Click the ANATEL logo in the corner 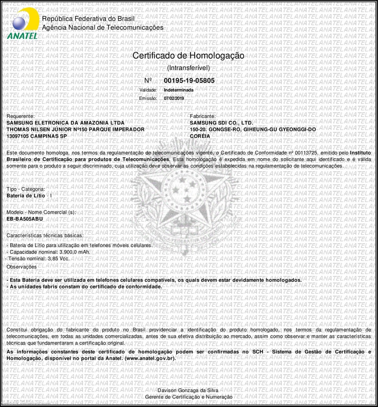[x=23, y=23]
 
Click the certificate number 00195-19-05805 [x=189, y=80]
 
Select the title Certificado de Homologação [x=188, y=56]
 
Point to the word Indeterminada [x=178, y=90]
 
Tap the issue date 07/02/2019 [x=174, y=98]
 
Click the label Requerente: [x=21, y=117]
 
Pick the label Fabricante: [x=203, y=117]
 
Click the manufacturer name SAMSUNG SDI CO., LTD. [x=221, y=123]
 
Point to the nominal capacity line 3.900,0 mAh [x=49, y=252]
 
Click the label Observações [x=22, y=267]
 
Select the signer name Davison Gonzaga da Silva [x=188, y=390]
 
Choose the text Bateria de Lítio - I [x=29, y=195]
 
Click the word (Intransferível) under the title [x=188, y=68]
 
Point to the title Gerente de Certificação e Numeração [x=189, y=397]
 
